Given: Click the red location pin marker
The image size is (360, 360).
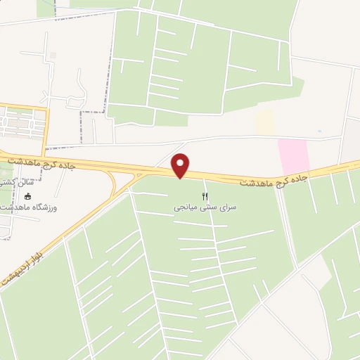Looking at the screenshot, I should coord(181,166).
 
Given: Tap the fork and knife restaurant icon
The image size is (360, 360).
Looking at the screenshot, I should coord(205,197).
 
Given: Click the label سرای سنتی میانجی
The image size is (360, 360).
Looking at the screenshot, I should coord(205,209).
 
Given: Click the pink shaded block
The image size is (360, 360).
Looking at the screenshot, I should coord(293,155).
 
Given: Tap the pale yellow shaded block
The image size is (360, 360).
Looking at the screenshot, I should coord(264,122).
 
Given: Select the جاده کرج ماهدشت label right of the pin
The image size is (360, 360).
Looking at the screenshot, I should coord(274,181).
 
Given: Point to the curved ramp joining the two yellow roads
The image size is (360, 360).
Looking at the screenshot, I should coord(113,185).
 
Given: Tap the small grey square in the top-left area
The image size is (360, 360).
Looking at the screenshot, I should coord(52,56).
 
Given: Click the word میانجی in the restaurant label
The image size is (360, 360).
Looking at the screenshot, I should coord(188,209).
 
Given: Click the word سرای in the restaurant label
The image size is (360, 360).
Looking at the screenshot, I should coord(225,209).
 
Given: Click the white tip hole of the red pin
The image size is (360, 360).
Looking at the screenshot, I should coord(181,163).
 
